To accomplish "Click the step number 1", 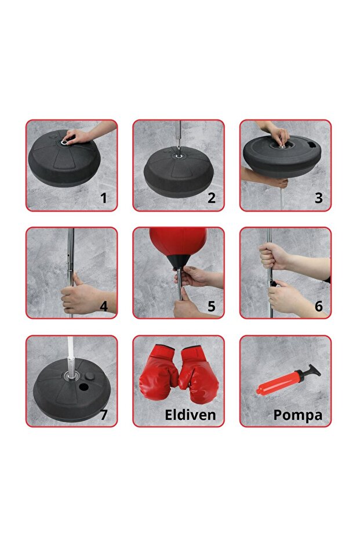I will pyautogui.click(x=104, y=198).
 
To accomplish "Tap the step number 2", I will pyautogui.click(x=212, y=198).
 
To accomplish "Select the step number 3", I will pyautogui.click(x=318, y=198).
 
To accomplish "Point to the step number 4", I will pyautogui.click(x=104, y=306).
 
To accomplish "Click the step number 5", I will pyautogui.click(x=212, y=306).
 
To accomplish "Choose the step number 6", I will pyautogui.click(x=318, y=306).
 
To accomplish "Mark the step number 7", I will pyautogui.click(x=104, y=415).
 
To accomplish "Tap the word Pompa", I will pyautogui.click(x=298, y=415).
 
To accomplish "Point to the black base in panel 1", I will pyautogui.click(x=64, y=165).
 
